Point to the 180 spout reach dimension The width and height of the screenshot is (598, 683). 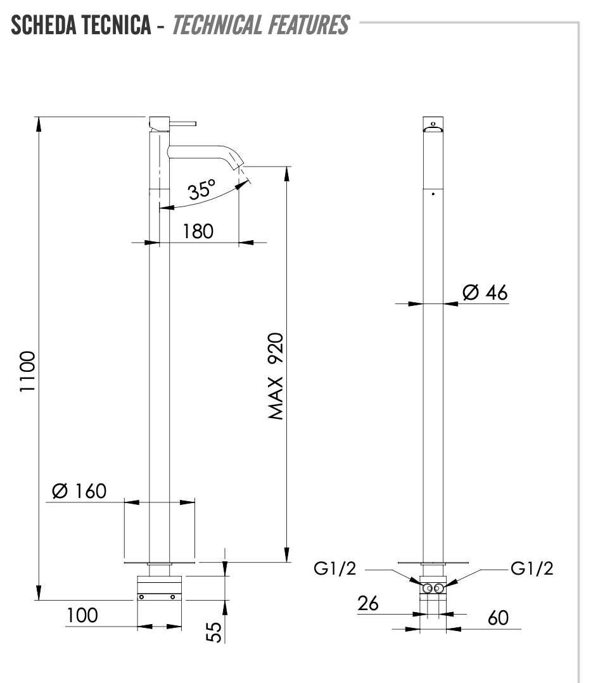point(198,231)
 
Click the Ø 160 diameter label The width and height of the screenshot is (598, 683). point(79,491)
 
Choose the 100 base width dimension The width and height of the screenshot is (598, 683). point(83,615)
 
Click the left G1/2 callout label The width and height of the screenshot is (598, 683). point(335,569)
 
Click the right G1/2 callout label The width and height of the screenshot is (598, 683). point(532,569)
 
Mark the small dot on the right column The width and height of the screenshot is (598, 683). point(433,194)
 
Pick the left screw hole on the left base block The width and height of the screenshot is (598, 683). point(141,597)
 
